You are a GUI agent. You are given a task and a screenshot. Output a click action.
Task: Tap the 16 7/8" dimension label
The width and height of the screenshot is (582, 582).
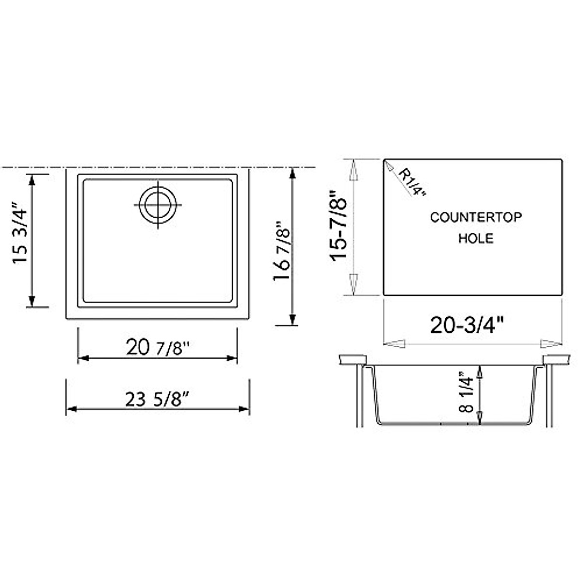[282, 252]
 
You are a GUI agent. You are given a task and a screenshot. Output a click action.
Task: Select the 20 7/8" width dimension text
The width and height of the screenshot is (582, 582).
[157, 347]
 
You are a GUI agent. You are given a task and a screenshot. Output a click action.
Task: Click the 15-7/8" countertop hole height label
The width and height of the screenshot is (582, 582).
[339, 223]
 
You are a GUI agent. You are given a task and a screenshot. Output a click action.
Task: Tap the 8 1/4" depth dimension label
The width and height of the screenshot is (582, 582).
[466, 391]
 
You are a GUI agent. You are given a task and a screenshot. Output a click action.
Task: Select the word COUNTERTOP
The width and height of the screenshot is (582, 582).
[476, 217]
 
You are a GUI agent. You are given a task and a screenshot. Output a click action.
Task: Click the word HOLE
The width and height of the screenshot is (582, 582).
[476, 238]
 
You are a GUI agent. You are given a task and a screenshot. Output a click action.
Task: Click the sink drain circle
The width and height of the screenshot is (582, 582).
[157, 205]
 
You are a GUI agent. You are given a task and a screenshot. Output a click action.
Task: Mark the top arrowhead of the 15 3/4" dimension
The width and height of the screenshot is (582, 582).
[32, 180]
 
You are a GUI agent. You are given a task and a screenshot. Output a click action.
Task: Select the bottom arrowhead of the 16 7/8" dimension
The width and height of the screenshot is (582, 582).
[292, 318]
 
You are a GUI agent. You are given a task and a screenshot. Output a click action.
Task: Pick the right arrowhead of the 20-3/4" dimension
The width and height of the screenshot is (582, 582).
[552, 344]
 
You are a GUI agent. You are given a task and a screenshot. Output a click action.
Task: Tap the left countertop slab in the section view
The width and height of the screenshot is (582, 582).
[352, 359]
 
